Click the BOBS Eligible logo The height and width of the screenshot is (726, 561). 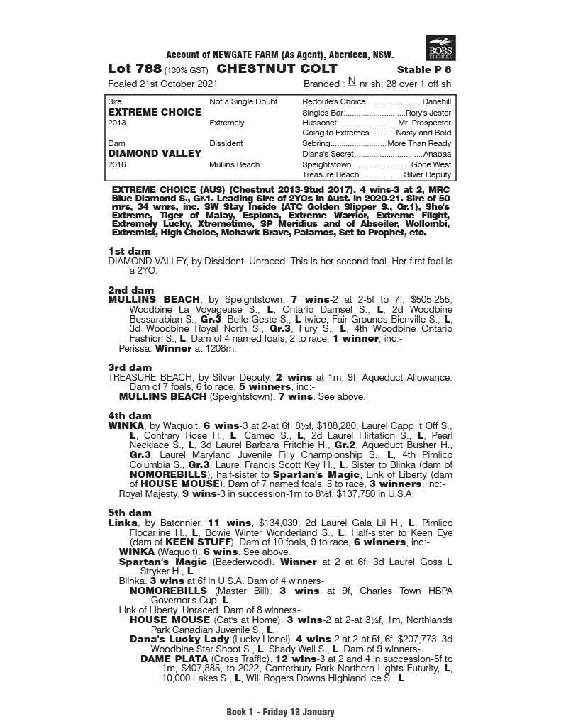tap(440, 48)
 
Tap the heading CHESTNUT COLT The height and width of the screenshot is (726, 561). tap(277, 69)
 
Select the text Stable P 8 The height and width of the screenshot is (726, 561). tap(423, 70)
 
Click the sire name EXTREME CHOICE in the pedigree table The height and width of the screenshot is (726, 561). tap(145, 112)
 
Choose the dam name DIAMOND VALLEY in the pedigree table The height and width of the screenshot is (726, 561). tap(146, 153)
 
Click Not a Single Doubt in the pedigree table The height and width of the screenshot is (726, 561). tap(243, 102)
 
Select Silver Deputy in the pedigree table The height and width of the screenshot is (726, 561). tap(428, 174)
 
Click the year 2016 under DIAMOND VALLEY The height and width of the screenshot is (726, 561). tap(117, 164)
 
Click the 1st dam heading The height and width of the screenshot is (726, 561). tap(130, 252)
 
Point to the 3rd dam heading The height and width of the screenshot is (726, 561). tap(130, 367)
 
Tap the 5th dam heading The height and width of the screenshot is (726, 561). tap(130, 513)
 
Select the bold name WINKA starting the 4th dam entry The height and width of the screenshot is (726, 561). tap(124, 425)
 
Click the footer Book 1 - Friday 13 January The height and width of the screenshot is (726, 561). tap(280, 712)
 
